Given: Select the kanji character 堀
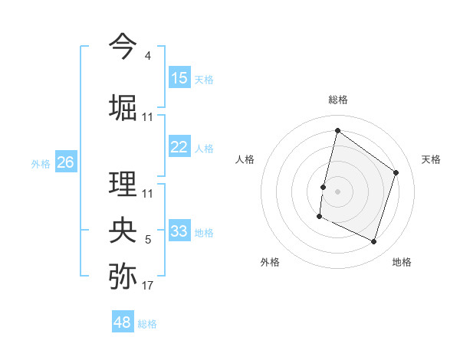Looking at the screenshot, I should (x=123, y=107).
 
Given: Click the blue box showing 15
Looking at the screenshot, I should (x=179, y=78).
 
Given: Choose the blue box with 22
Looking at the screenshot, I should (x=179, y=147).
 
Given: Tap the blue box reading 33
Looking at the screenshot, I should (x=179, y=231).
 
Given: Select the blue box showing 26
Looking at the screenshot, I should (x=65, y=162).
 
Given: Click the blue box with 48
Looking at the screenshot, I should (x=123, y=322).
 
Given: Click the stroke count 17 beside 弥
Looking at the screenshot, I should (x=148, y=286).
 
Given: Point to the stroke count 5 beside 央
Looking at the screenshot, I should (x=148, y=240).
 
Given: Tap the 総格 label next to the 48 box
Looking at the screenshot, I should (x=147, y=324).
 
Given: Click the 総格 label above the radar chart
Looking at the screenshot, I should (x=338, y=100).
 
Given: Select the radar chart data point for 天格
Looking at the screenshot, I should (x=396, y=172).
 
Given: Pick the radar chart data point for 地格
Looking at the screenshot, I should (x=374, y=242).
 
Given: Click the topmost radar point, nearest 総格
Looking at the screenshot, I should (x=337, y=130).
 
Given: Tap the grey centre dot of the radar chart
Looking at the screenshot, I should (x=337, y=191).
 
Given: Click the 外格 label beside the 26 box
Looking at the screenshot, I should (x=41, y=164).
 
